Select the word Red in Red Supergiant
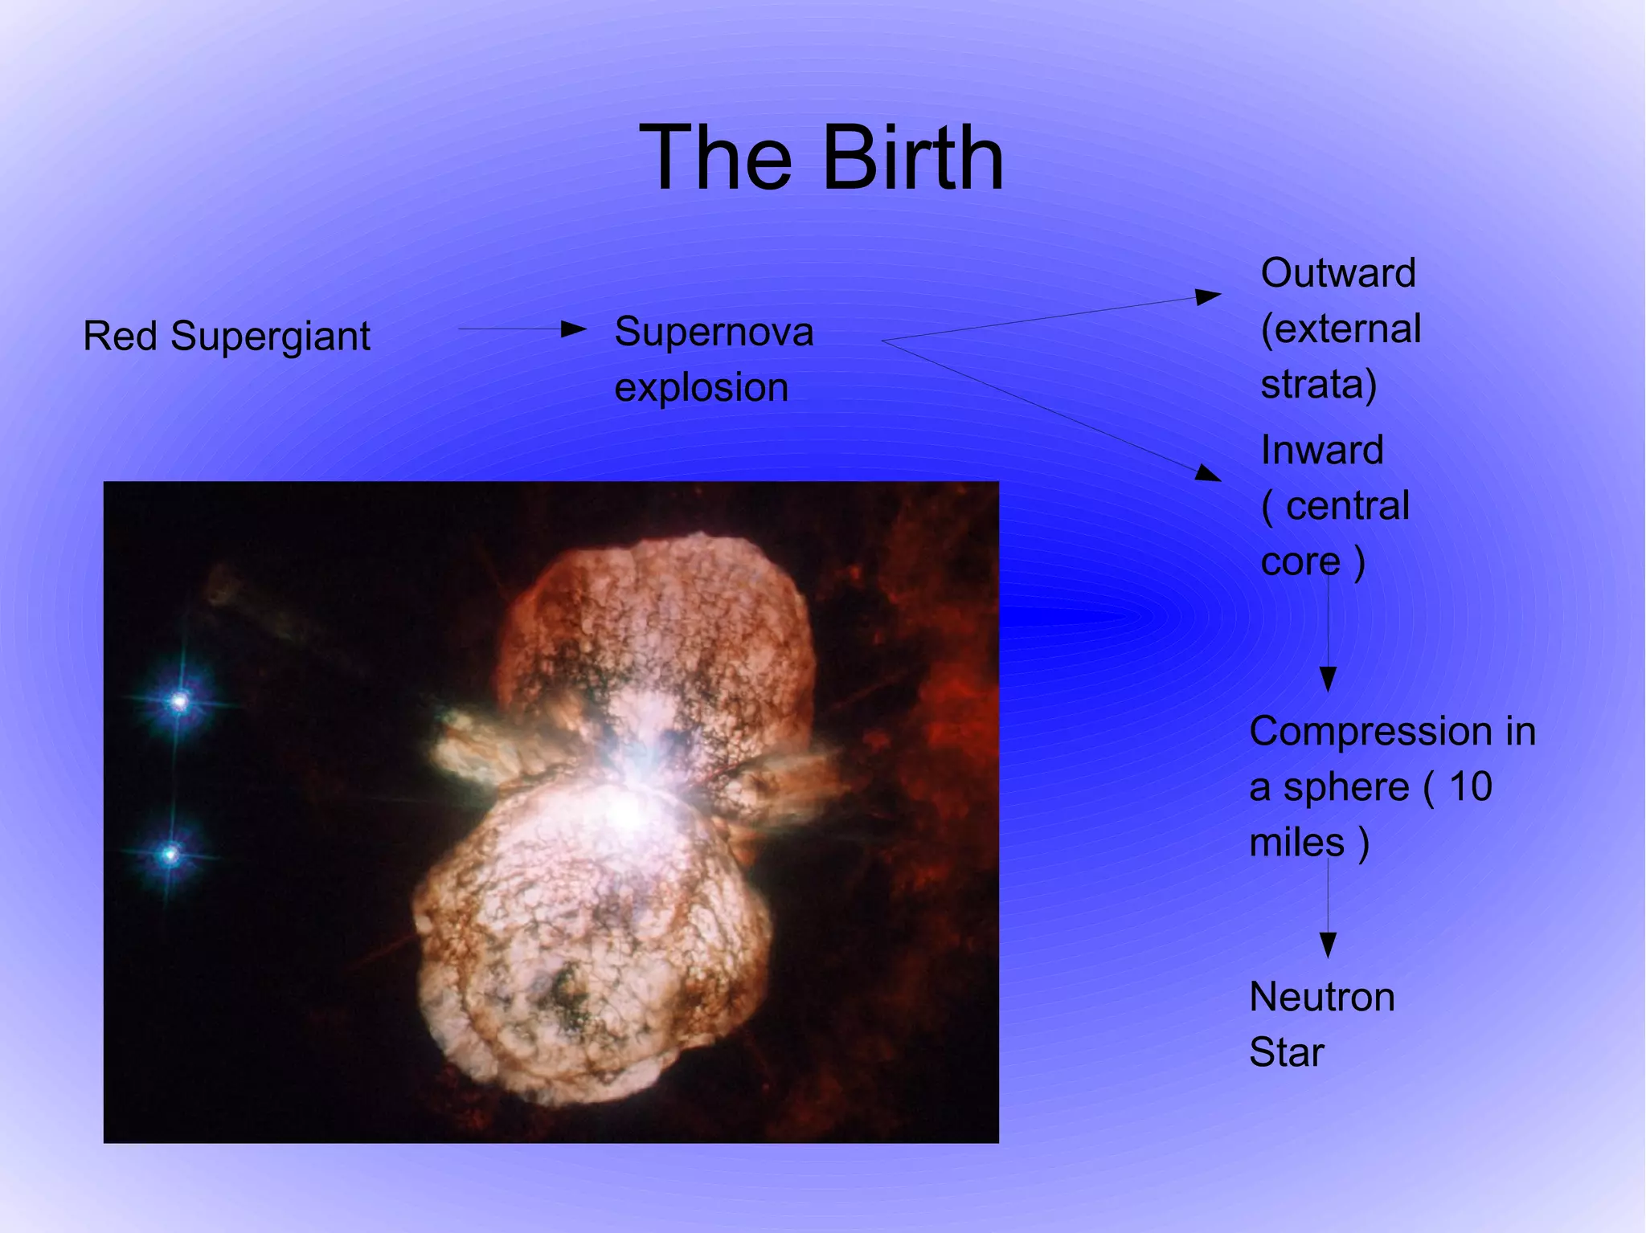[x=120, y=336]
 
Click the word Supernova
[x=714, y=332]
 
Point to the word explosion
[x=701, y=388]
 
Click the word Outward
[x=1337, y=273]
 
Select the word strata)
[x=1318, y=384]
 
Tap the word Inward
[x=1322, y=450]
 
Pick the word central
[x=1348, y=506]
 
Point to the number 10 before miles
[x=1470, y=786]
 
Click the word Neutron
[x=1322, y=997]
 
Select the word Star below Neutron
[x=1286, y=1052]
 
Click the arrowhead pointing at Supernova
[x=574, y=329]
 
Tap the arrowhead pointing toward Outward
[x=1207, y=297]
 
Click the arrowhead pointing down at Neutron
[x=1328, y=945]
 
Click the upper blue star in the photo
[x=180, y=702]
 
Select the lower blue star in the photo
[x=170, y=854]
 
